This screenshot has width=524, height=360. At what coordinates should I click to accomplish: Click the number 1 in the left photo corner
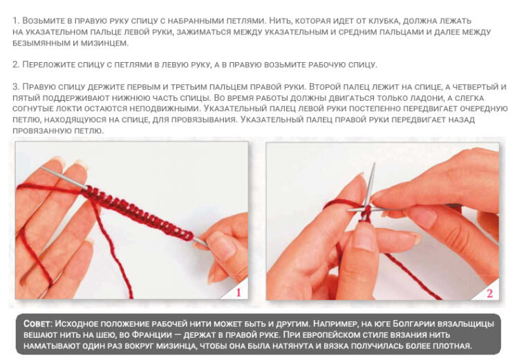click(x=238, y=293)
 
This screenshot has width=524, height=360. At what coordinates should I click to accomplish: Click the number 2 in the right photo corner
click(x=489, y=293)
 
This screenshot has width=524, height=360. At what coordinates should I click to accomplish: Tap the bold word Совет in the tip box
click(x=37, y=323)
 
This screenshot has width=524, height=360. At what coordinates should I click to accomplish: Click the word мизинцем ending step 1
click(x=104, y=43)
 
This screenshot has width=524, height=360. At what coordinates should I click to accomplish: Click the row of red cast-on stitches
click(x=138, y=211)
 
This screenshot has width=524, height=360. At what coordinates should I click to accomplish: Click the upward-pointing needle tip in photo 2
click(x=374, y=164)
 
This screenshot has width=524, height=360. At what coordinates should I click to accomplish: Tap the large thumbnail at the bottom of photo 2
click(x=365, y=237)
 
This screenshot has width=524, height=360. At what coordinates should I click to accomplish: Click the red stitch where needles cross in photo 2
click(x=367, y=210)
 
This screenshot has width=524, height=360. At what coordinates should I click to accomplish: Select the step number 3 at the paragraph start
click(x=15, y=87)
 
